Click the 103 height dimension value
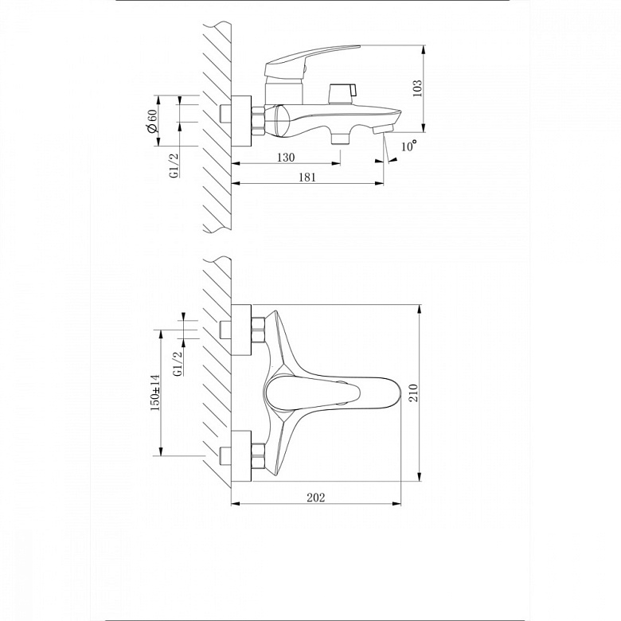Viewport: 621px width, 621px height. point(417,88)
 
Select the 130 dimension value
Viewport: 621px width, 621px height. point(286,157)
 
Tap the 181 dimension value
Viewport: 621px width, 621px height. point(307,177)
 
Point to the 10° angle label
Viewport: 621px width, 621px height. point(409,146)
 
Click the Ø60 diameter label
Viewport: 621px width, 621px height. point(152,121)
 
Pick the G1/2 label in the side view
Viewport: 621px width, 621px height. point(174,166)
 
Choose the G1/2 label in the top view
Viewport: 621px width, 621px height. point(178,364)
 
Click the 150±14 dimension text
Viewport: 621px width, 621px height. point(155,393)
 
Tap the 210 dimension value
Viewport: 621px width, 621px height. point(413,393)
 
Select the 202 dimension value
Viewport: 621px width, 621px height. point(315,498)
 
